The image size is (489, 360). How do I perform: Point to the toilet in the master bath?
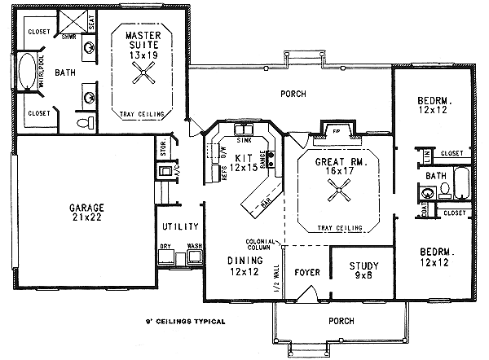tap(82, 123)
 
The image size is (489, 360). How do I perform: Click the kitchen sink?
tap(244, 130)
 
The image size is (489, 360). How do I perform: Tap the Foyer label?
tap(306, 272)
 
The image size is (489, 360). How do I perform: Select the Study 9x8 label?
tap(363, 270)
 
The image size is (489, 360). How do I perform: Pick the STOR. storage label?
tap(164, 150)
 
